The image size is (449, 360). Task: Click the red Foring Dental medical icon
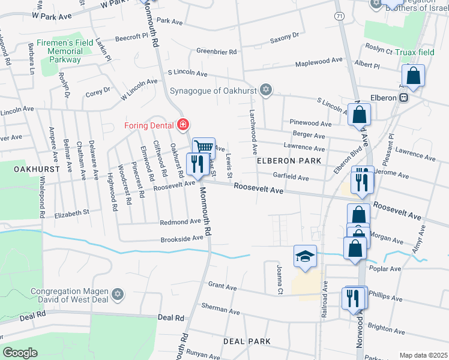[182, 125]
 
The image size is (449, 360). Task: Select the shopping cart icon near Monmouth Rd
[203, 146]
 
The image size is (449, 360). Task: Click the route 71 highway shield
[340, 17]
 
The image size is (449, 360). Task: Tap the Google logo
[20, 352]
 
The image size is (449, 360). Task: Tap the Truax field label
[414, 52]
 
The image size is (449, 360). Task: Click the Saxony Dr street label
[284, 36]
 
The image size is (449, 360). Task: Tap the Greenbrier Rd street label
[216, 52]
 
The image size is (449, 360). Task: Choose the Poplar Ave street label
[385, 269]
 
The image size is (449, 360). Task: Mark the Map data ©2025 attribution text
[423, 355]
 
